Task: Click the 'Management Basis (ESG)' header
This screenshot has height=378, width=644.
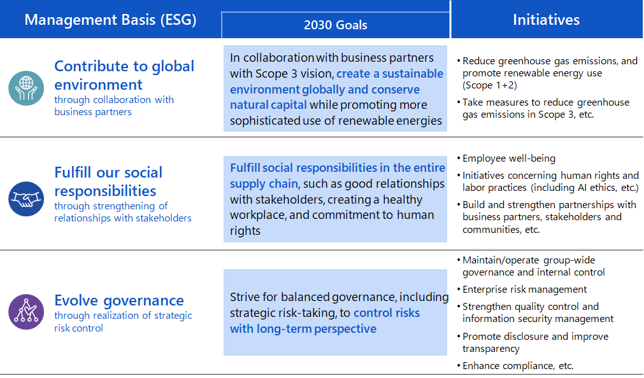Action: pos(110,20)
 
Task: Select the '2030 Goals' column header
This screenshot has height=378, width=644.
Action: pos(336,25)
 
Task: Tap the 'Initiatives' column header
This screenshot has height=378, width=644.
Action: pos(547,20)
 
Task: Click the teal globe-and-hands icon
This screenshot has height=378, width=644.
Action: pos(26,88)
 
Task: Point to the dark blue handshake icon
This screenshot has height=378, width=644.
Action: pos(26,199)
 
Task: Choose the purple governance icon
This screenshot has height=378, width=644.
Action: pos(26,312)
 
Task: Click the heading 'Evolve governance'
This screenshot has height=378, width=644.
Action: pos(119,300)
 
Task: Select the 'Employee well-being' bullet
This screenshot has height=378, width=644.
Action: pos(509,158)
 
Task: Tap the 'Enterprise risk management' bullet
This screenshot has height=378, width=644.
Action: pos(524,290)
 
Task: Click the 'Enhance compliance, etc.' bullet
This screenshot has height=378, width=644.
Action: pos(518,366)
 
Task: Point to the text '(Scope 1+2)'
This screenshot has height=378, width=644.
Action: pos(490,85)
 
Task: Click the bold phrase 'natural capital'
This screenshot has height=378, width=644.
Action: pos(268,105)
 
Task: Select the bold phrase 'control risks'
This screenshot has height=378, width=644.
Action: pos(387,312)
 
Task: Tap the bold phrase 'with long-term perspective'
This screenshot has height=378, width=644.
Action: pos(303,329)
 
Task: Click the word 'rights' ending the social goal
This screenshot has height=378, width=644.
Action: pos(245,230)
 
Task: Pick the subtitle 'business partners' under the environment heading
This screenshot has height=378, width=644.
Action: pos(93,111)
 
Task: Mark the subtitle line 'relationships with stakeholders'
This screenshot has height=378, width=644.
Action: pos(123,218)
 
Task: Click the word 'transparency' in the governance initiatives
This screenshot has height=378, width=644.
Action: pos(491,349)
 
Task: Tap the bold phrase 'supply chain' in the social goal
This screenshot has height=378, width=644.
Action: pos(264,184)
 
